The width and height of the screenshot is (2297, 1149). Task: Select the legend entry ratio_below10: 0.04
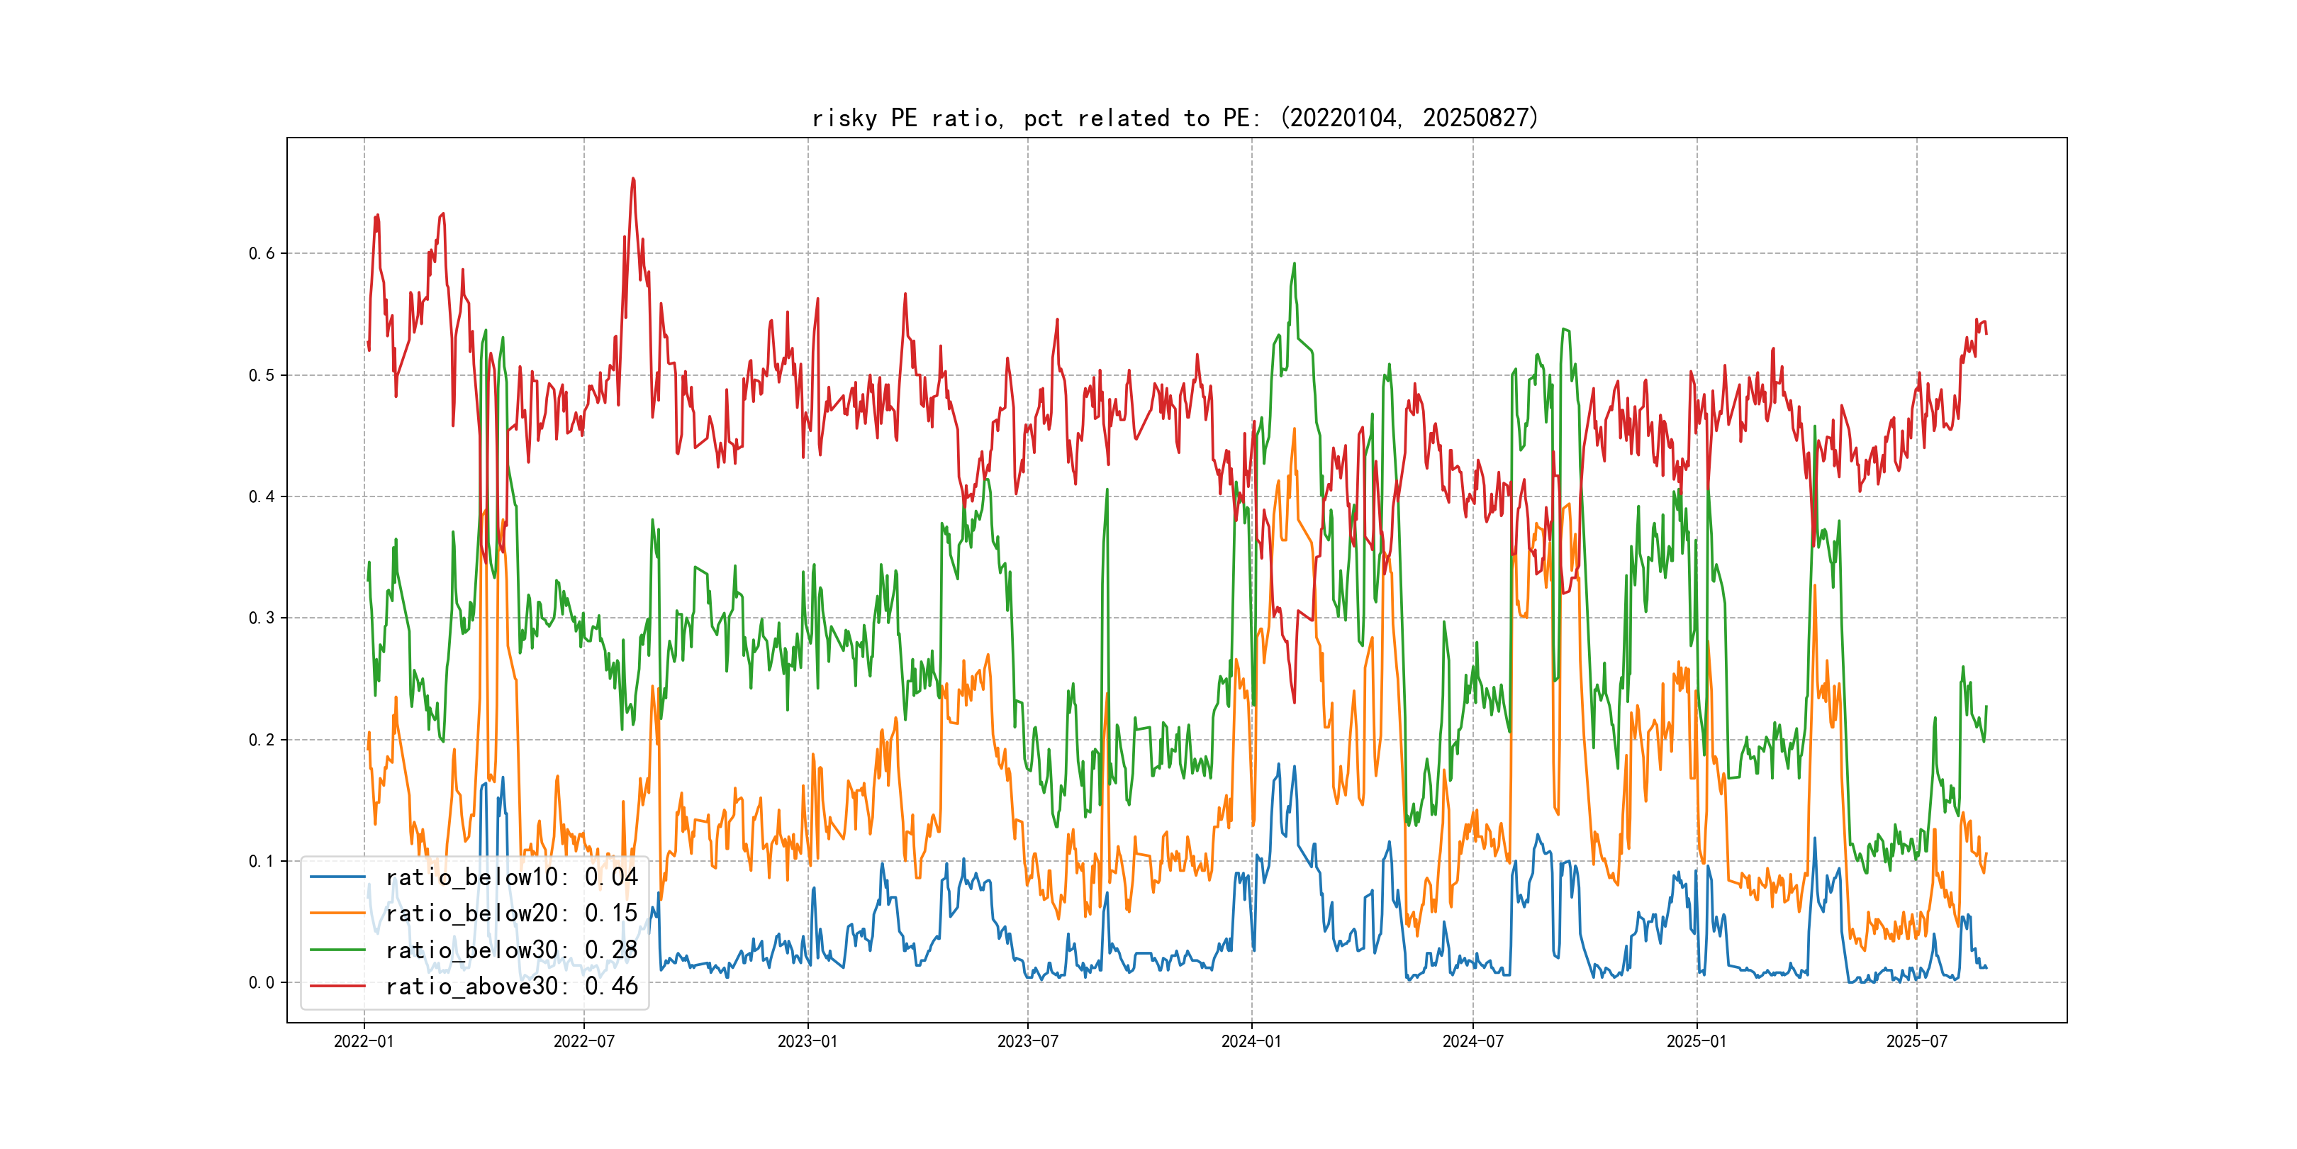pyautogui.click(x=511, y=877)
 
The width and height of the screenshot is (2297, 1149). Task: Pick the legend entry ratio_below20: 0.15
pyautogui.click(x=511, y=914)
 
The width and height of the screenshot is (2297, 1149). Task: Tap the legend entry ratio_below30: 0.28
pyautogui.click(x=511, y=950)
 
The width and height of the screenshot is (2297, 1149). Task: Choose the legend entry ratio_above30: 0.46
pyautogui.click(x=511, y=987)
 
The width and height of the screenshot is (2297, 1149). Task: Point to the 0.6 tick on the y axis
pyautogui.click(x=262, y=253)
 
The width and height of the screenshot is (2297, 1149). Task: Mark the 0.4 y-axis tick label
pyautogui.click(x=262, y=497)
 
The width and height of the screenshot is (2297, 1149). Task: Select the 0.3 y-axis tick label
pyautogui.click(x=262, y=618)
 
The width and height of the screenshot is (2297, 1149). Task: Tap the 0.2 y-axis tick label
pyautogui.click(x=262, y=740)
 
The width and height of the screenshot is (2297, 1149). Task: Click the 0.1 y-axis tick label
pyautogui.click(x=262, y=861)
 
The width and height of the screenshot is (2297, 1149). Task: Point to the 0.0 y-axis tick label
pyautogui.click(x=262, y=983)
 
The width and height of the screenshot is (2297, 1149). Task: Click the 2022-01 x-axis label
pyautogui.click(x=364, y=1041)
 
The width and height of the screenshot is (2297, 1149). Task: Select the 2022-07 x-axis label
pyautogui.click(x=584, y=1041)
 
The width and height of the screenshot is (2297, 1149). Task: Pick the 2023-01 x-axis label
pyautogui.click(x=808, y=1041)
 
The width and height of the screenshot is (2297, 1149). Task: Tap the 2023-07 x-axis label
pyautogui.click(x=1027, y=1041)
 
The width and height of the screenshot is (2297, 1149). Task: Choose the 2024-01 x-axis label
pyautogui.click(x=1251, y=1041)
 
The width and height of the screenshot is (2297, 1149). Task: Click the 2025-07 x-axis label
pyautogui.click(x=1916, y=1041)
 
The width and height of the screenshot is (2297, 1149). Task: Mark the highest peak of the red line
pyautogui.click(x=633, y=179)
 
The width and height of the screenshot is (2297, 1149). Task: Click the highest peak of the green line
pyautogui.click(x=1294, y=263)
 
